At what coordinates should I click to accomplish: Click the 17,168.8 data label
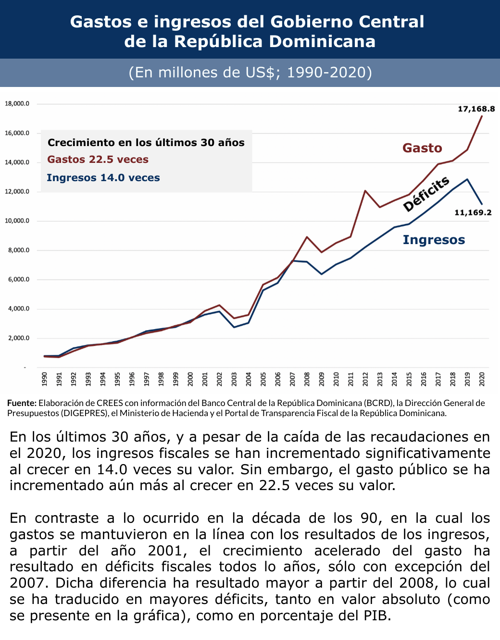tap(476, 109)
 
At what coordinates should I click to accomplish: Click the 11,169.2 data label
tap(473, 212)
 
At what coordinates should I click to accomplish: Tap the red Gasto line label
tap(422, 148)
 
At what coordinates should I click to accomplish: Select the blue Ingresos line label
tap(434, 240)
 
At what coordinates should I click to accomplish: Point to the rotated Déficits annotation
tap(426, 194)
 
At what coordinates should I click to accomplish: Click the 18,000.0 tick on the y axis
tap(17, 104)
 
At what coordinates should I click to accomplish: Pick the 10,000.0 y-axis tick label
tap(17, 221)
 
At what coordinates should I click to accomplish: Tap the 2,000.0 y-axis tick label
tap(19, 338)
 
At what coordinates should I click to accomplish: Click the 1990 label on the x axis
tap(44, 379)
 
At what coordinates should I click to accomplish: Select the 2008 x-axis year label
tap(307, 379)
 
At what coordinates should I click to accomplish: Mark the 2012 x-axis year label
tap(365, 379)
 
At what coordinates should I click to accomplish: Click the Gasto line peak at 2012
tap(365, 191)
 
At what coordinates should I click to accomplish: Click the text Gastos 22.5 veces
tap(98, 160)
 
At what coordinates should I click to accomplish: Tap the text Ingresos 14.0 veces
tap(103, 178)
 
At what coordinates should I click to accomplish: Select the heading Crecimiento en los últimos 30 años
tap(146, 143)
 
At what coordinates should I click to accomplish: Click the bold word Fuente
tap(22, 403)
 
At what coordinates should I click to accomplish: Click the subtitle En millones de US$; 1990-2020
tap(250, 73)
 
